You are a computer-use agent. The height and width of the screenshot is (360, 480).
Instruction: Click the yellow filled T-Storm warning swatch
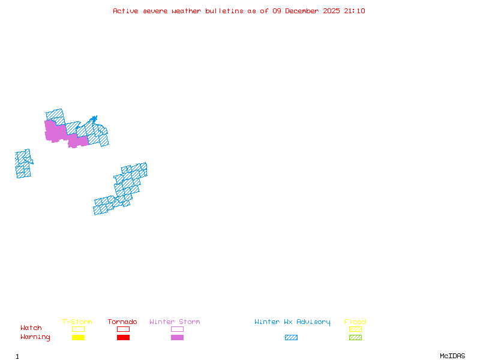(78, 337)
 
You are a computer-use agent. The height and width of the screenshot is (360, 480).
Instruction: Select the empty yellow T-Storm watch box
(78, 329)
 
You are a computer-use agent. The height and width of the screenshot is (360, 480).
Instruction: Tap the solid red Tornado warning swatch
(123, 337)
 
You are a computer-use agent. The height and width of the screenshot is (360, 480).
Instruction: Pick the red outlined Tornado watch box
(123, 329)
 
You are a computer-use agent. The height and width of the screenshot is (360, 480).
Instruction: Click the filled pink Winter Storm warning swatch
(177, 337)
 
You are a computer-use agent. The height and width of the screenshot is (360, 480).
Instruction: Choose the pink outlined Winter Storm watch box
(177, 329)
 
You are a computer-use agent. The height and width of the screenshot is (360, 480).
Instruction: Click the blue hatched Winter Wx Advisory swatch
(291, 337)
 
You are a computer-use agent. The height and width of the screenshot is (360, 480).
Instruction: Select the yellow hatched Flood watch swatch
(355, 329)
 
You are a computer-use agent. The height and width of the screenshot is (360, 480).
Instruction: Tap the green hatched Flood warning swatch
(355, 337)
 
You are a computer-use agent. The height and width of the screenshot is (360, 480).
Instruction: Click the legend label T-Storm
(77, 322)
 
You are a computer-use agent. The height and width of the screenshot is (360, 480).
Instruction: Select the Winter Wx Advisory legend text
(292, 322)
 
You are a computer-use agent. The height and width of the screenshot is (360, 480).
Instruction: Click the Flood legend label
(355, 322)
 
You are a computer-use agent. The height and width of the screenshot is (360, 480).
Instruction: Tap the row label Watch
(31, 328)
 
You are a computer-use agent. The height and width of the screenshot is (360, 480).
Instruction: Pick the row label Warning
(35, 337)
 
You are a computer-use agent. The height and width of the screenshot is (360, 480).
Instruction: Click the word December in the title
(304, 11)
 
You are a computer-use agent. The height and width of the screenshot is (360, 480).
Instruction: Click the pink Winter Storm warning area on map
(55, 131)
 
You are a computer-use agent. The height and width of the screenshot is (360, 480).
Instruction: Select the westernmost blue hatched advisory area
(23, 163)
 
